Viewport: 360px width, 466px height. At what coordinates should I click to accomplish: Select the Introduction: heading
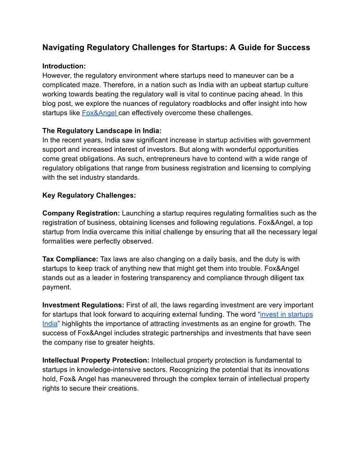click(x=64, y=66)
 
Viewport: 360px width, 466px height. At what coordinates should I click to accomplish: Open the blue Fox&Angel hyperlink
click(x=99, y=113)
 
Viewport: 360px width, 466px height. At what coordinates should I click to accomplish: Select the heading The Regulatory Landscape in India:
click(x=102, y=131)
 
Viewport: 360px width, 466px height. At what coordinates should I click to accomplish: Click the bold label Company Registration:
click(x=81, y=214)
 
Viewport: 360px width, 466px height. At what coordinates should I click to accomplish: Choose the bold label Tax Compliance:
click(x=70, y=259)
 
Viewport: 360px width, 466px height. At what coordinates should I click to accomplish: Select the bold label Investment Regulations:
click(x=83, y=305)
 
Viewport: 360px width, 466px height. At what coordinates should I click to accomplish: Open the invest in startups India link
click(x=286, y=314)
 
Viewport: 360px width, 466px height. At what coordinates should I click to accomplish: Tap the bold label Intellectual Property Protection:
click(x=96, y=361)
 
